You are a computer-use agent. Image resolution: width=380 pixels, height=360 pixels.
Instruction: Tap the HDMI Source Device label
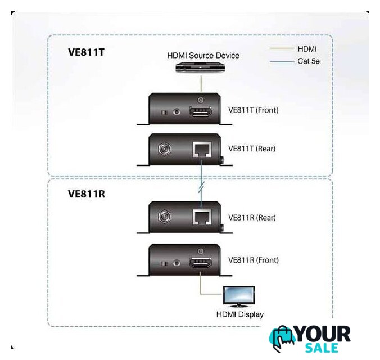pos(203,55)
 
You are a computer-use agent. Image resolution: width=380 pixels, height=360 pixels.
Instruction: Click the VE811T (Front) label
pos(254,110)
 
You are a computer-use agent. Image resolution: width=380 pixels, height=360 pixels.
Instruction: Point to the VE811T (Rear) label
pos(252,149)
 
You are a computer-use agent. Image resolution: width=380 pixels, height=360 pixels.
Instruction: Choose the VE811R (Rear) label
pos(252,218)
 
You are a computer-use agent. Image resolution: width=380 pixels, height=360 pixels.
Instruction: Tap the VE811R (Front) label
pos(254,260)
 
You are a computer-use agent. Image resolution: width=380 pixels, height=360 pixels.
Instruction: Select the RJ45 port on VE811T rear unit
pos(201,150)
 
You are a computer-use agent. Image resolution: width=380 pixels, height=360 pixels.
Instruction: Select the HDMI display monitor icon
pos(239,295)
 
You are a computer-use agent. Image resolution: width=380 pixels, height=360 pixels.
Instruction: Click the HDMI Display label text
pos(240,314)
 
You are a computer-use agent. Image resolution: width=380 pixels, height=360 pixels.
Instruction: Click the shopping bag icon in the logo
pos(282,339)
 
